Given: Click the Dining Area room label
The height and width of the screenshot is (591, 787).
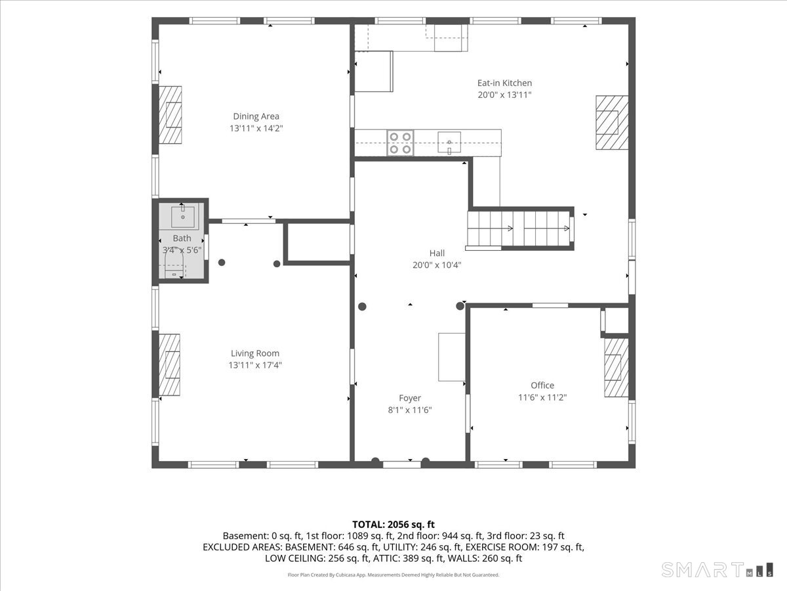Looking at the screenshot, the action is pyautogui.click(x=256, y=116).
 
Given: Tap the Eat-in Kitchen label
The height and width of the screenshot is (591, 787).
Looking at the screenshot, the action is pyautogui.click(x=504, y=83).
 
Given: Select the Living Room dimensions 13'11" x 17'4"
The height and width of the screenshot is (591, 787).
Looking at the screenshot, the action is pyautogui.click(x=255, y=365).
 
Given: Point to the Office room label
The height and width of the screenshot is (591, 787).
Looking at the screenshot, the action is pyautogui.click(x=542, y=385).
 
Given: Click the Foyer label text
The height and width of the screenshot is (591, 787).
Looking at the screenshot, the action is pyautogui.click(x=410, y=398).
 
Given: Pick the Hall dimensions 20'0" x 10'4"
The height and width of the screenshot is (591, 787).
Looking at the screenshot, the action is pyautogui.click(x=437, y=265).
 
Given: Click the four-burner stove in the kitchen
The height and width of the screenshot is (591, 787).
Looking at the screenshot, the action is pyautogui.click(x=400, y=142).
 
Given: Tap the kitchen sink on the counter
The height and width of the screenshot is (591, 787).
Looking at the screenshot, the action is pyautogui.click(x=449, y=142).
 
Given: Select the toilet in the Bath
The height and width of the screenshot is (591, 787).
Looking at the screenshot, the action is pyautogui.click(x=174, y=265).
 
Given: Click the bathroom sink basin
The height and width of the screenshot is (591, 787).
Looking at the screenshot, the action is pyautogui.click(x=183, y=217).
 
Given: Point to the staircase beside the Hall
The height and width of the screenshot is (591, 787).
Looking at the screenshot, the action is pyautogui.click(x=519, y=229).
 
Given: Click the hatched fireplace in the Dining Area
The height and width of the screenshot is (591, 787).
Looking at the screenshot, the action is pyautogui.click(x=170, y=115).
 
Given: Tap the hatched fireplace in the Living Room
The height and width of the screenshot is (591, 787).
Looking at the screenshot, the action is pyautogui.click(x=169, y=365).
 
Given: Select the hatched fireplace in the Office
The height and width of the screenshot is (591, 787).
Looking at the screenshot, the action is pyautogui.click(x=616, y=368).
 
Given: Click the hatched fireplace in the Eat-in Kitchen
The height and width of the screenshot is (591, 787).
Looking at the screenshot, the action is pyautogui.click(x=612, y=122).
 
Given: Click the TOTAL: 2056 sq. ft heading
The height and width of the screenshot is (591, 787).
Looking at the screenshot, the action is pyautogui.click(x=393, y=525).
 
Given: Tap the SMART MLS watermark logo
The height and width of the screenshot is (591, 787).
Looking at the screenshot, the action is pyautogui.click(x=717, y=570).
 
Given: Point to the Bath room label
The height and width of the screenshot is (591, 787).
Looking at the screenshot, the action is pyautogui.click(x=182, y=238).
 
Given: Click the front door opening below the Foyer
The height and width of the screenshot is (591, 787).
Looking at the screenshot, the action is pyautogui.click(x=401, y=465).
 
